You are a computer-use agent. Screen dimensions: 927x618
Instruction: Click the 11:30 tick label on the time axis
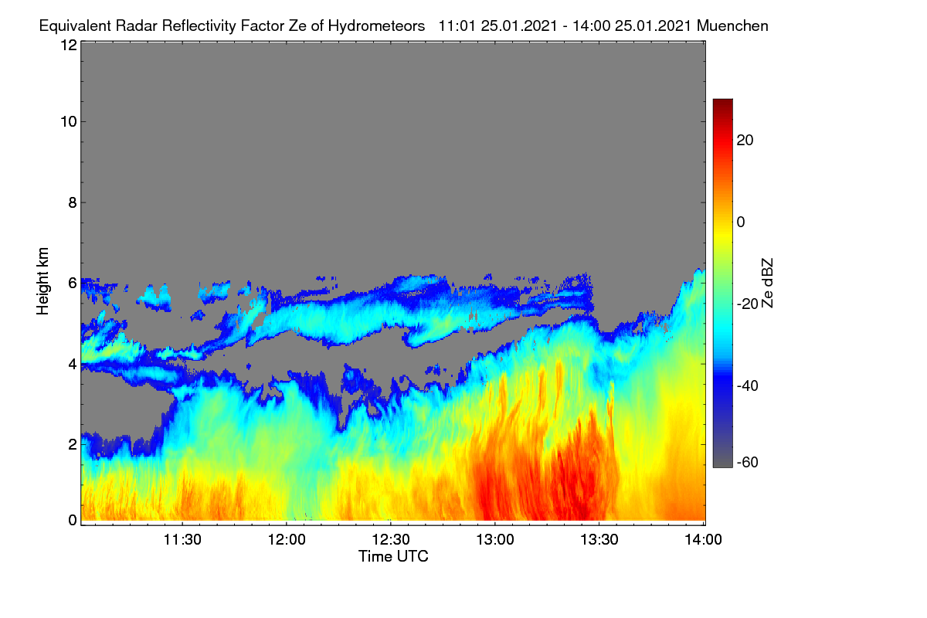pyautogui.click(x=182, y=540)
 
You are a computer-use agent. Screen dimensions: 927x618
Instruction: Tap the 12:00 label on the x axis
pyautogui.click(x=287, y=540)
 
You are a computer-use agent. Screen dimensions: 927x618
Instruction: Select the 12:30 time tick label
pyautogui.click(x=391, y=540)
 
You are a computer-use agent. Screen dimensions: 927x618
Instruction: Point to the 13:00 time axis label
pyautogui.click(x=495, y=540)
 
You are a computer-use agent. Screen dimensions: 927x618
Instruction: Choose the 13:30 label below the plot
pyautogui.click(x=599, y=540)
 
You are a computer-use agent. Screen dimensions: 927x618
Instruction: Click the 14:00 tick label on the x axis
pyautogui.click(x=703, y=540)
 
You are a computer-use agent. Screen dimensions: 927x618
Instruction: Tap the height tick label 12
pyautogui.click(x=69, y=45)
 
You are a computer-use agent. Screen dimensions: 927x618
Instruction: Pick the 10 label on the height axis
pyautogui.click(x=69, y=122)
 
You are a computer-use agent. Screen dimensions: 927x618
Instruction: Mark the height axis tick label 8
pyautogui.click(x=73, y=203)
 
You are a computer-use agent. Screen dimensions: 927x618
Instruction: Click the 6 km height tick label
pyautogui.click(x=73, y=284)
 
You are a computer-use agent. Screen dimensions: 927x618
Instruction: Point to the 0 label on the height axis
pyautogui.click(x=73, y=521)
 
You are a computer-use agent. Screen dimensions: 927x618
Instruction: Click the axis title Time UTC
pyautogui.click(x=393, y=557)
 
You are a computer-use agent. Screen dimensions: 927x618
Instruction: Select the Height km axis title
pyautogui.click(x=42, y=281)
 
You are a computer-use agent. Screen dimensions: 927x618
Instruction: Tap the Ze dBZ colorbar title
pyautogui.click(x=767, y=284)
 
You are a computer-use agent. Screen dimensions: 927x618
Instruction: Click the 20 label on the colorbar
pyautogui.click(x=745, y=141)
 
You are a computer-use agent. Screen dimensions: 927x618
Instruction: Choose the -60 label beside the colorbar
pyautogui.click(x=748, y=463)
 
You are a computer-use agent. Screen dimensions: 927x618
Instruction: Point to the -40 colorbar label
pyautogui.click(x=748, y=385)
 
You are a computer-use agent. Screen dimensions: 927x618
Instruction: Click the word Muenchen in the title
pyautogui.click(x=732, y=26)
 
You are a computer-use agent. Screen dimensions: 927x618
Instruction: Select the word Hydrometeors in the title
pyautogui.click(x=377, y=26)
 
